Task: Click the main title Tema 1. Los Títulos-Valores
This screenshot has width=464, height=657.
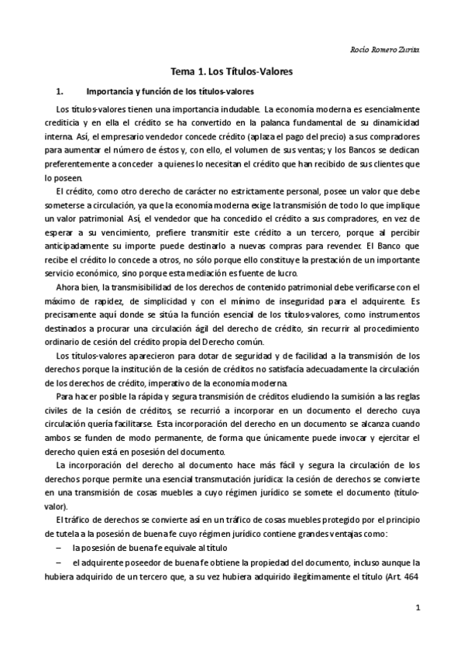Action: click(232, 71)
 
